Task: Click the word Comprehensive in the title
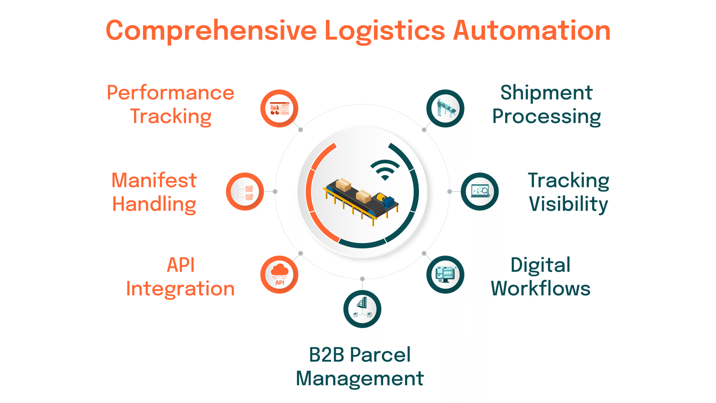click(211, 31)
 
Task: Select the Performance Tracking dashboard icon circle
click(279, 109)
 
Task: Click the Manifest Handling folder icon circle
click(245, 191)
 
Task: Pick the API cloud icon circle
click(279, 275)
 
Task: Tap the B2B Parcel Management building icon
click(362, 309)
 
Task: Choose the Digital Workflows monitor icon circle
click(445, 275)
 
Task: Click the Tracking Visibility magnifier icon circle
click(480, 191)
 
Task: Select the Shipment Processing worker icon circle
click(445, 109)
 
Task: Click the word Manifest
click(154, 180)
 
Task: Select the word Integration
click(180, 289)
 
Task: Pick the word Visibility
click(568, 204)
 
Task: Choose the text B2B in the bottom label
click(326, 355)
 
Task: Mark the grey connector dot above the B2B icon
click(362, 279)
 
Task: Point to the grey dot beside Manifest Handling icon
click(275, 191)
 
